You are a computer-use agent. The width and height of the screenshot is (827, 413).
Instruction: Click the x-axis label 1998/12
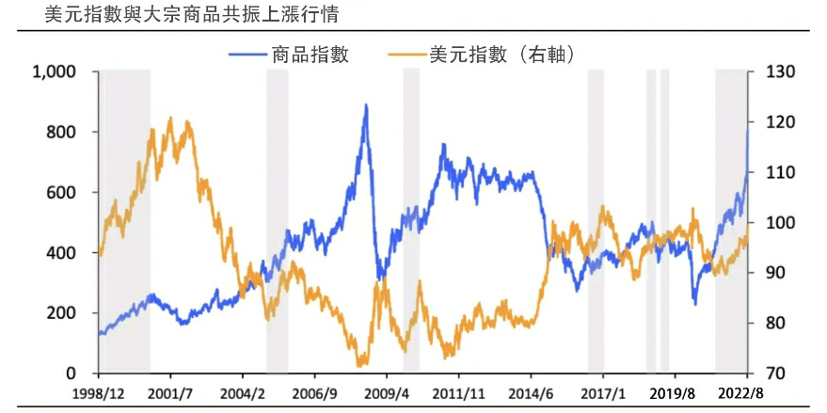pos(99,392)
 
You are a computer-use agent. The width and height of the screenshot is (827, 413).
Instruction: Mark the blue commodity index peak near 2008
pos(365,105)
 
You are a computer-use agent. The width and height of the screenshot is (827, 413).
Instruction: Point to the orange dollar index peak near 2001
pos(170,119)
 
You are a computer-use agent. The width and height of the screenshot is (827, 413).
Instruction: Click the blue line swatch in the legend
pos(247,55)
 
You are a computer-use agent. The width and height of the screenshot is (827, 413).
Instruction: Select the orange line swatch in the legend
pos(406,55)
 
